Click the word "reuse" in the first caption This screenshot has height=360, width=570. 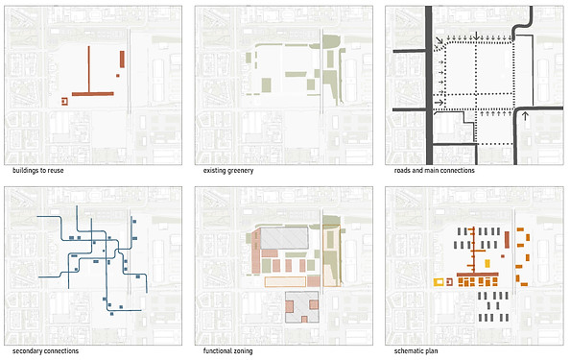pos(55,171)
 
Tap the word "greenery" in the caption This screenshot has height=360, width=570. pos(239,171)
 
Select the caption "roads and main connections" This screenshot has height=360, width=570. pos(434,170)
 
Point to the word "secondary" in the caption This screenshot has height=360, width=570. pos(27,351)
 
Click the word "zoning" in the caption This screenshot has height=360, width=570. pos(243,351)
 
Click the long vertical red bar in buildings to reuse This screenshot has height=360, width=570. pos(88,69)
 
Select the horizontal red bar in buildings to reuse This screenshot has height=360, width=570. pos(93,94)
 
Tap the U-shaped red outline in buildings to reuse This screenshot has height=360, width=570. pos(64,102)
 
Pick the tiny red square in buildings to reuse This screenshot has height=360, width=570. pos(118,76)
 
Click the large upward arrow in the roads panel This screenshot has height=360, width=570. pos(525,116)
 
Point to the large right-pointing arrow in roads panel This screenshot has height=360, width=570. pos(439,103)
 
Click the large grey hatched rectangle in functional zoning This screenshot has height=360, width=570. pos(284,238)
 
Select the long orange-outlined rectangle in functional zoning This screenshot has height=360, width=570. pos(285,282)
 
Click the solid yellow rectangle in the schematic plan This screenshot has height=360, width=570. pos(487,263)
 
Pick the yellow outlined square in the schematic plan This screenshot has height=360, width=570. pos(439,282)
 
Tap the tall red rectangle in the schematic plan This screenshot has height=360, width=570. pos(507,240)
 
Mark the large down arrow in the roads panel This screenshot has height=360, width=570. pos(476,36)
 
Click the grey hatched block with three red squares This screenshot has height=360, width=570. pos(301,307)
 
